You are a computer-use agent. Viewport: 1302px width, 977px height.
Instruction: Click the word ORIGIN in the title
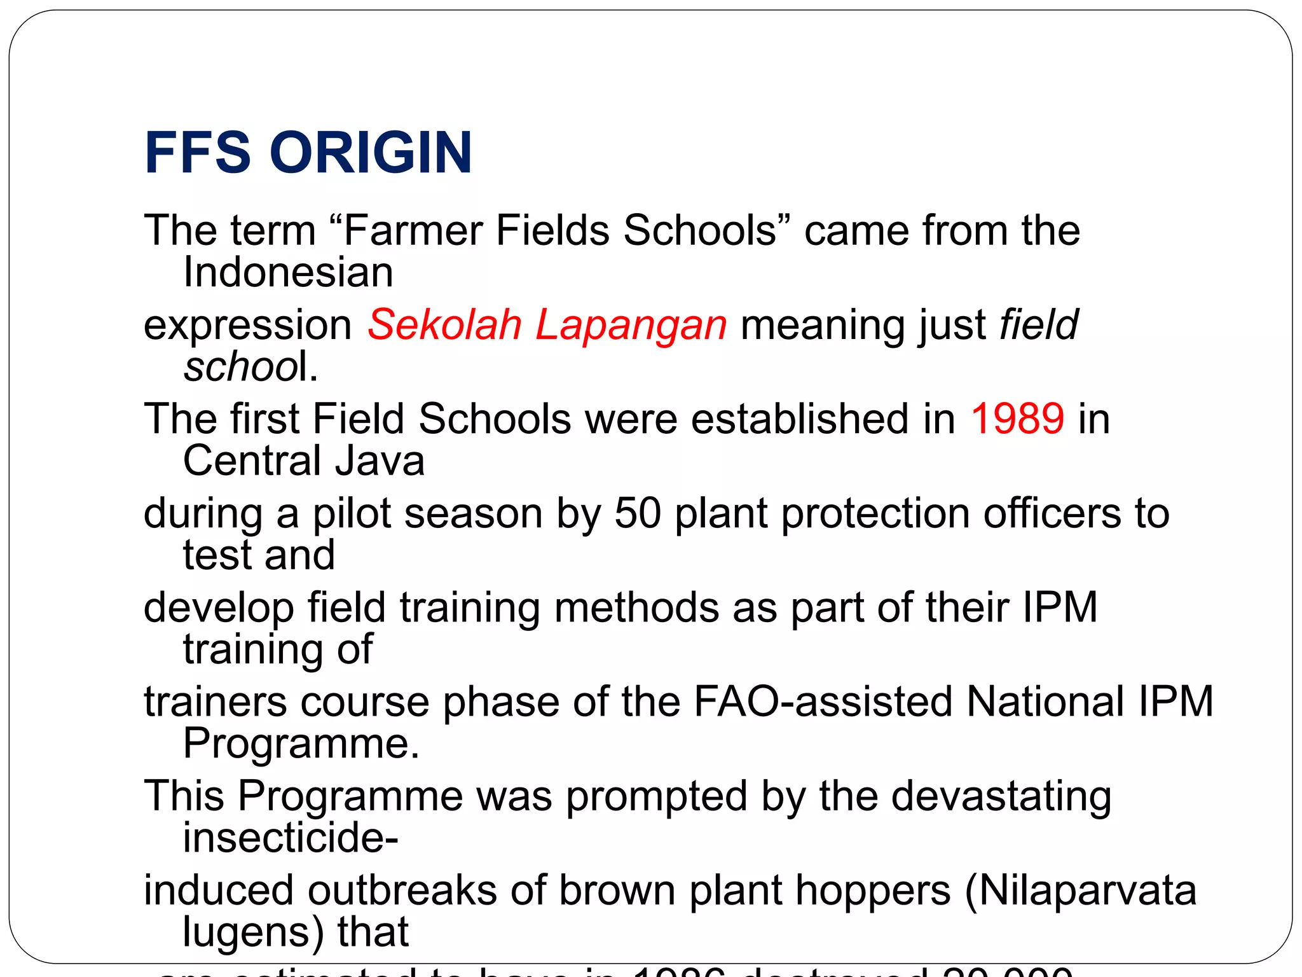[371, 153]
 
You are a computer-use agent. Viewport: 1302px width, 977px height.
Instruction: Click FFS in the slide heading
[197, 153]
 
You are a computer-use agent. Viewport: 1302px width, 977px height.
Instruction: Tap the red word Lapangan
[631, 324]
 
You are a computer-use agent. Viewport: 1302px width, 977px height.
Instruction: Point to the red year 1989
[1017, 419]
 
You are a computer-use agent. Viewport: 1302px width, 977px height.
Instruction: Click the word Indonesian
[288, 272]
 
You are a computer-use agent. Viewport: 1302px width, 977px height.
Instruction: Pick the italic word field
[1039, 324]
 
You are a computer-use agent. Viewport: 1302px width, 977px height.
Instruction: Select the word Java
[380, 461]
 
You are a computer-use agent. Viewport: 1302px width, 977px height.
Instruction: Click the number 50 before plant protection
[638, 513]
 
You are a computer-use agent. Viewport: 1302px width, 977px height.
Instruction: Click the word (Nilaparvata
[1080, 890]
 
